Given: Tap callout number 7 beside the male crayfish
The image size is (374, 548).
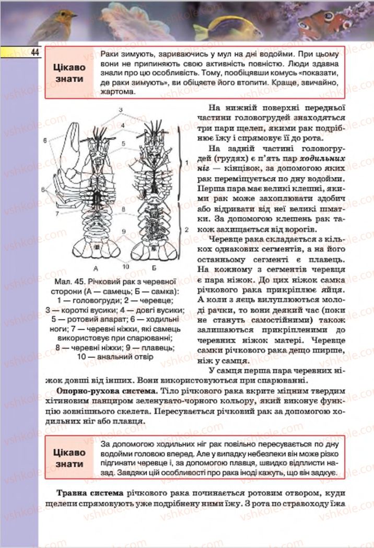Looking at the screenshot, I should click(57, 213).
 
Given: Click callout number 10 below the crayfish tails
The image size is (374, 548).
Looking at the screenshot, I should click(125, 266).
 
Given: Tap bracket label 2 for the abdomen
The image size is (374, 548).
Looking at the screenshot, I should click(186, 229).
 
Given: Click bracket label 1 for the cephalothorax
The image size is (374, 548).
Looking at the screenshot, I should click(186, 163).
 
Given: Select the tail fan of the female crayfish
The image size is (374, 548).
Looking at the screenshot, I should click(155, 247).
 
